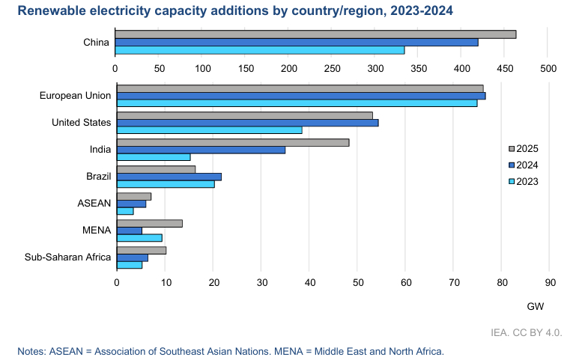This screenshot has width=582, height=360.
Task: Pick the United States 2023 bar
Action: click(209, 129)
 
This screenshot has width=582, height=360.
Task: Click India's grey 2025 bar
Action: click(233, 142)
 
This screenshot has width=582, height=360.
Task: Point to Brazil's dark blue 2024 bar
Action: click(169, 177)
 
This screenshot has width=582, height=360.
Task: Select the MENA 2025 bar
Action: click(150, 223)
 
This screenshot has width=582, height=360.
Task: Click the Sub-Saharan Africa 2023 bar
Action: click(130, 265)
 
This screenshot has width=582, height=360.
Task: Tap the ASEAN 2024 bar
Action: click(132, 204)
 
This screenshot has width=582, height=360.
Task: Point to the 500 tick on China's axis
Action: click(548, 68)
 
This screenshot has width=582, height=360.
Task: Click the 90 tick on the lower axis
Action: click(549, 282)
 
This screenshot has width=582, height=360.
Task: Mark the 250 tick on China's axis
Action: click(332, 68)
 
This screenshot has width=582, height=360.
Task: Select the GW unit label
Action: click(535, 307)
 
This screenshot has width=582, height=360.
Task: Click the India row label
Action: click(100, 150)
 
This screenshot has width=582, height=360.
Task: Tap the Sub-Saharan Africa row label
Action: click(67, 257)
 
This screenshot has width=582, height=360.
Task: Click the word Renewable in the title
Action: click(49, 10)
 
